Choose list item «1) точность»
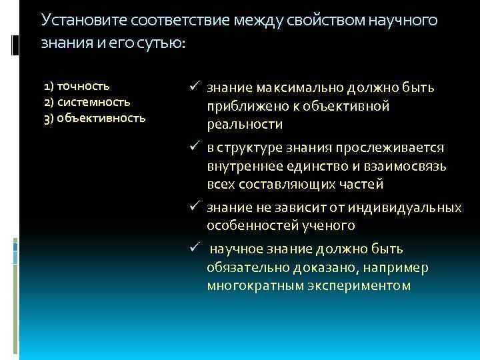click(77, 86)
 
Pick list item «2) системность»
click(87, 103)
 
